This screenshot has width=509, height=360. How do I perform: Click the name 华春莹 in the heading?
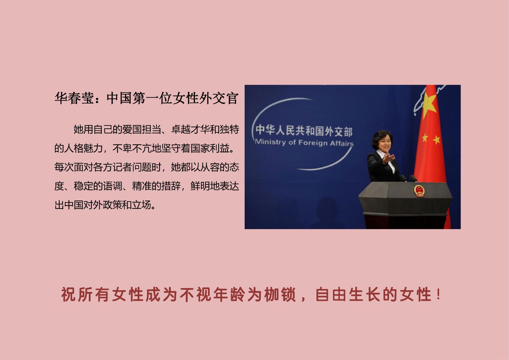(x=74, y=98)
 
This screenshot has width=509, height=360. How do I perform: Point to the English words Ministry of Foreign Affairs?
(x=304, y=143)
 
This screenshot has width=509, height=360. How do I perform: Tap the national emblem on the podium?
(x=419, y=191)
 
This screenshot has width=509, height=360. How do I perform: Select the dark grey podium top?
(x=405, y=198)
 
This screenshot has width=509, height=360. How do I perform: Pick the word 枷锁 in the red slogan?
(x=280, y=294)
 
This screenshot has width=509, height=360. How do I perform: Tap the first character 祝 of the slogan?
(x=68, y=294)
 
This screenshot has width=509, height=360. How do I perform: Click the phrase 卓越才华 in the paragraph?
(x=191, y=130)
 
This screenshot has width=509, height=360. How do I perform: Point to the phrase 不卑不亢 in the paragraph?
(x=132, y=149)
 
